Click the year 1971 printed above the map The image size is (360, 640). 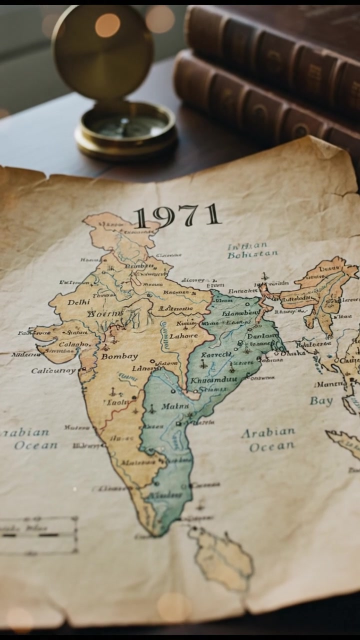coord(177,216)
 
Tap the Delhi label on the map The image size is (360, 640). coord(78,302)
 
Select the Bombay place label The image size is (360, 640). coord(119,356)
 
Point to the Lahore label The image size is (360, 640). coord(184,336)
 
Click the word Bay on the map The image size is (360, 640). coord(321,400)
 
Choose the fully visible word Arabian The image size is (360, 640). coord(268,432)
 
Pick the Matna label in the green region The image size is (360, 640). coord(175,406)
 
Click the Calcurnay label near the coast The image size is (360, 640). coord(53,371)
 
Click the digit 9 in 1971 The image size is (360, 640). coord(164,217)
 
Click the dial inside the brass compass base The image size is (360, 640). coord(125,125)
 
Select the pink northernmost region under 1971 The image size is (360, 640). coord(117,231)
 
